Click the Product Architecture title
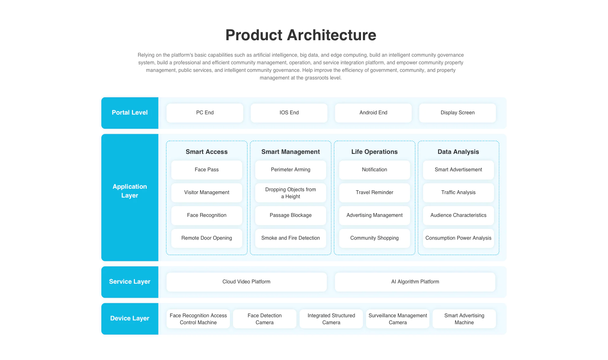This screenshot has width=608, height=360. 301,35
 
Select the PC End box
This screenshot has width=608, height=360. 205,113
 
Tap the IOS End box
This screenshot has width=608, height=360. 289,113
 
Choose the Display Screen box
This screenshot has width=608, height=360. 458,113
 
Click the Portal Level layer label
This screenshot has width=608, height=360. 130,113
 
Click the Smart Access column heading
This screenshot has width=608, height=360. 207,152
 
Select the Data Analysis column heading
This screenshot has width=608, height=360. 458,152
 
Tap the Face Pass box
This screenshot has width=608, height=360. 207,170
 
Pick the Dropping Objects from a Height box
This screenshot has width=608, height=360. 291,193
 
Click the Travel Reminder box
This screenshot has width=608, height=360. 375,193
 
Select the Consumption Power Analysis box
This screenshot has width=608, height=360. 459,238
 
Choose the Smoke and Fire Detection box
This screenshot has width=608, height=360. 291,238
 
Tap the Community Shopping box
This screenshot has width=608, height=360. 375,238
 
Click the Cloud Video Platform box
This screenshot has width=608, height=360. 247,282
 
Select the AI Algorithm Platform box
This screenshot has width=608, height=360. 415,282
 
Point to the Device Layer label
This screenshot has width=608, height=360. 130,319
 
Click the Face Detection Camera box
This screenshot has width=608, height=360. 265,319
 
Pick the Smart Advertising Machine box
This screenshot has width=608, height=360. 464,319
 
